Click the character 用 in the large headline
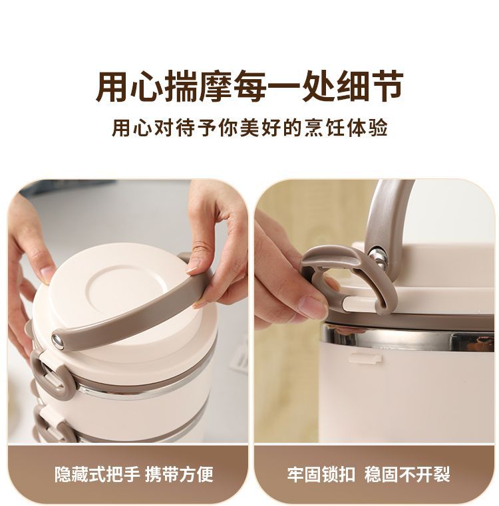tap(113, 87)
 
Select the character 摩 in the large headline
tap(216, 87)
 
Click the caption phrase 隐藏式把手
tap(97, 474)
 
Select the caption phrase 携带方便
tap(179, 474)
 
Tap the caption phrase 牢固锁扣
tap(321, 474)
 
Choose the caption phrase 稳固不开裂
tap(407, 474)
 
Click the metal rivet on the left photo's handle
tap(58, 341)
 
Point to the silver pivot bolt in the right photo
tap(379, 258)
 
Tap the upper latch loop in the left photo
tap(53, 375)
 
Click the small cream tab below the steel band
tap(366, 358)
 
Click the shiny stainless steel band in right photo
tap(408, 338)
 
